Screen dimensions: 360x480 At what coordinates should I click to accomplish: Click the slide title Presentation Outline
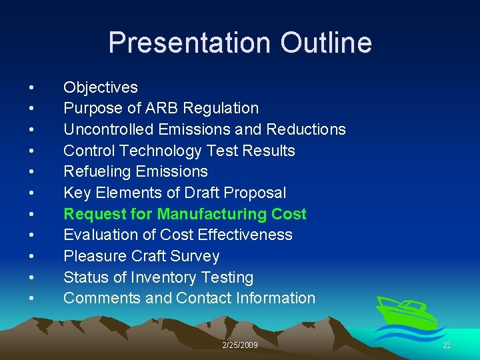240,43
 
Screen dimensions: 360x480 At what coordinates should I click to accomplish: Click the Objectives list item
101,87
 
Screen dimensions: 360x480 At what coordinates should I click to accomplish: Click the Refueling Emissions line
135,171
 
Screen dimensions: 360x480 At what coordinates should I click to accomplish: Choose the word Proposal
256,193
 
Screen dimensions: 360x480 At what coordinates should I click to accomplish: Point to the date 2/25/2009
240,345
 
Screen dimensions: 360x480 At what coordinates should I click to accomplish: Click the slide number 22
447,345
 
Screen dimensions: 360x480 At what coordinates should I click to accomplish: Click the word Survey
197,256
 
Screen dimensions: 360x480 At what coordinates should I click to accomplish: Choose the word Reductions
307,129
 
